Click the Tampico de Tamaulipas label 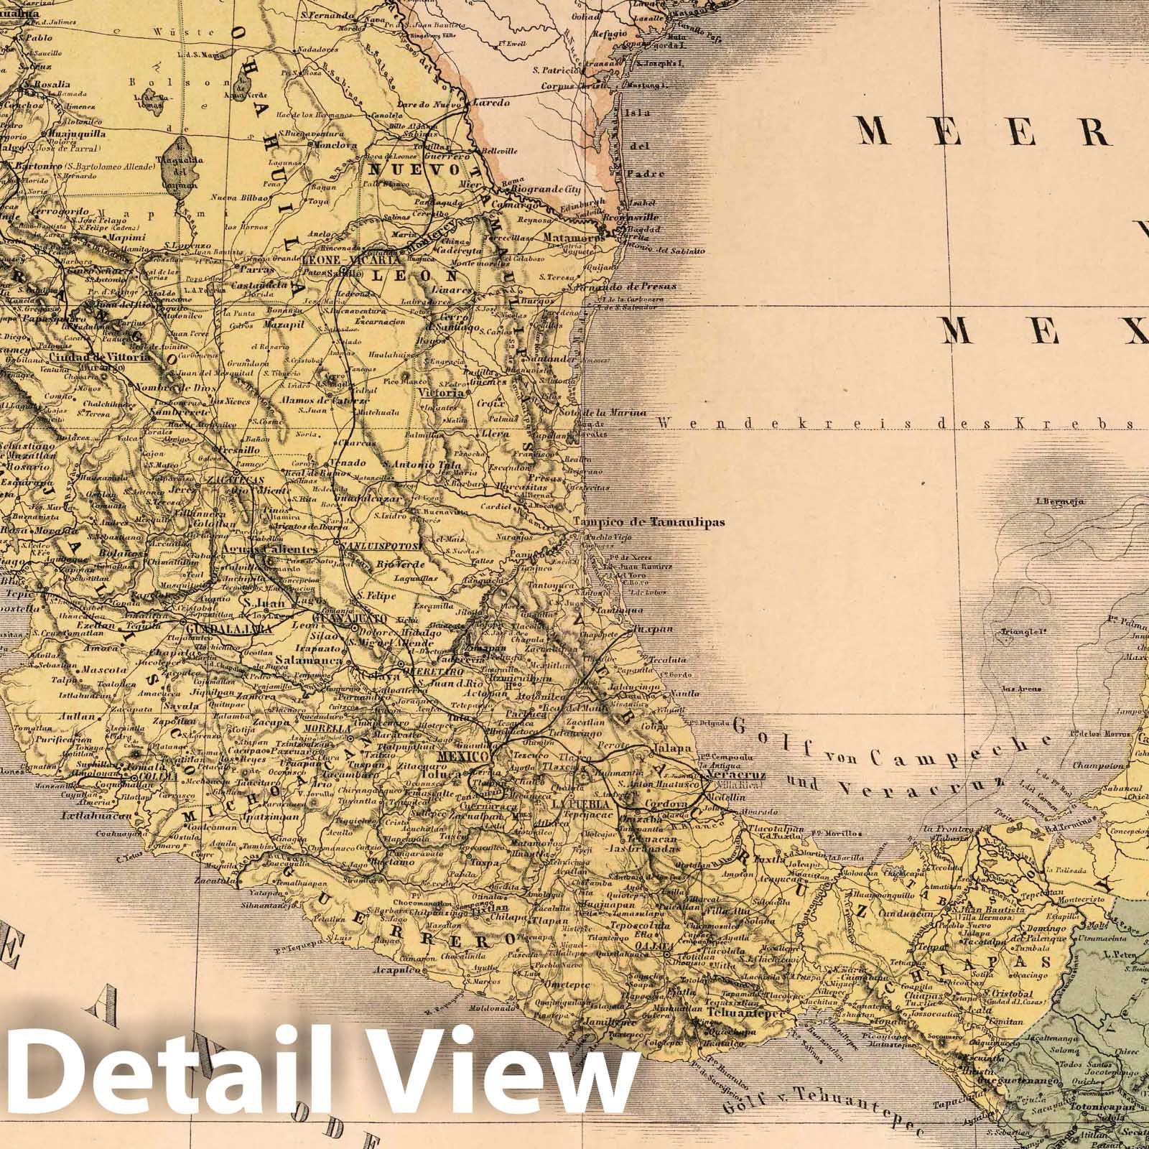(650, 523)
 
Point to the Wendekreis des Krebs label (898, 424)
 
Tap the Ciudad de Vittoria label (101, 357)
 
